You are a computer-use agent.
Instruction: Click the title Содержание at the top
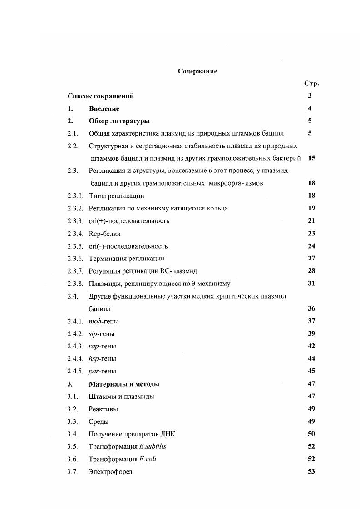click(x=197, y=71)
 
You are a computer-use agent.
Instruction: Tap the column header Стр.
click(x=311, y=83)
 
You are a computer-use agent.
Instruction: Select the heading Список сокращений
click(x=100, y=96)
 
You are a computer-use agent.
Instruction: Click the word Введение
click(x=104, y=108)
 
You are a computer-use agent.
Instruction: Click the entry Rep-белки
click(x=105, y=234)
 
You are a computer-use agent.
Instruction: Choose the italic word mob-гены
click(x=104, y=321)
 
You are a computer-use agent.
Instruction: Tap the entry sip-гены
click(x=102, y=334)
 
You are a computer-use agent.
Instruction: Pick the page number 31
click(x=311, y=284)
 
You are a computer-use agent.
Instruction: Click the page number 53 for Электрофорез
click(x=311, y=471)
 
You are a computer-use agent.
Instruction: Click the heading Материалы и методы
click(x=124, y=384)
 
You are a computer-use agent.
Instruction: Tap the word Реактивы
click(x=103, y=409)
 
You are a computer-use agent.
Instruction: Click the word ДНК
click(x=168, y=434)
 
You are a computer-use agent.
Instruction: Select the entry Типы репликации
click(x=116, y=196)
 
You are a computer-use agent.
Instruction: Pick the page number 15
click(x=311, y=158)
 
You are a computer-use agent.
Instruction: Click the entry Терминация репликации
click(x=126, y=259)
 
